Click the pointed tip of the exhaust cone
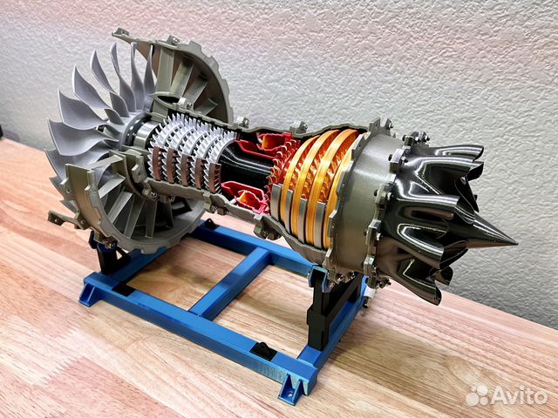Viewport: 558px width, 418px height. [517, 244]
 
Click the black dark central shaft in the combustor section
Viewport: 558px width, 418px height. [246, 167]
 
